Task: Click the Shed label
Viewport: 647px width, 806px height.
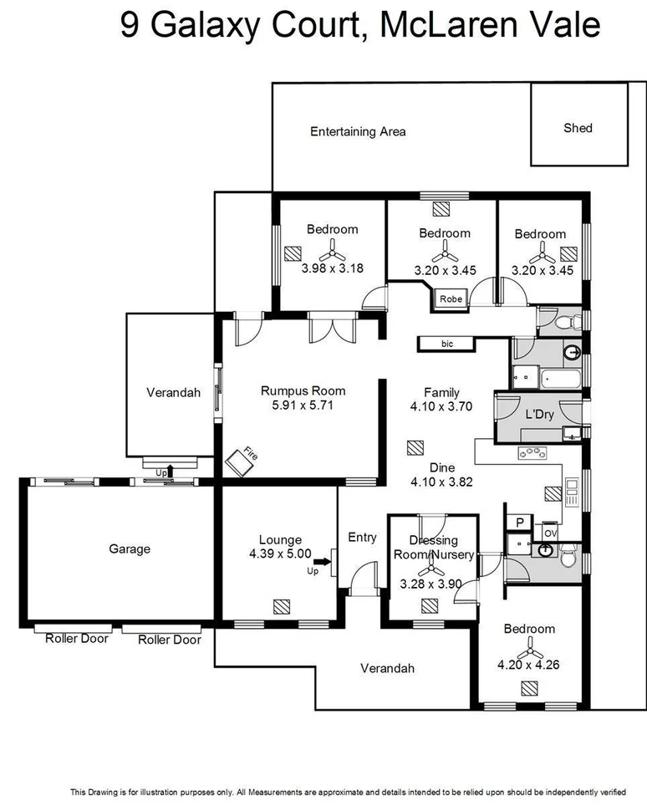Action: coord(578,128)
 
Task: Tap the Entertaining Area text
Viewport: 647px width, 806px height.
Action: coord(358,131)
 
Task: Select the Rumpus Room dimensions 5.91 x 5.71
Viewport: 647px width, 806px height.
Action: coord(303,406)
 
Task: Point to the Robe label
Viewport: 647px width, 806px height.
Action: coord(451,298)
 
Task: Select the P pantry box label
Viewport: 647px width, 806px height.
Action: coord(519,522)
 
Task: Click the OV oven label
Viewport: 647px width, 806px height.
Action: coord(549,533)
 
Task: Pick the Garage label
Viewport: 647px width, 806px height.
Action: coord(130,548)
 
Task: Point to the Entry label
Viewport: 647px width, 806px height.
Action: coord(362,538)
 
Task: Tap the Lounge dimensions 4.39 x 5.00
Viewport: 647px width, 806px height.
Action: coord(280,553)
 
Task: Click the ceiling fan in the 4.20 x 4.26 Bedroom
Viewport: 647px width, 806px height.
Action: coord(528,649)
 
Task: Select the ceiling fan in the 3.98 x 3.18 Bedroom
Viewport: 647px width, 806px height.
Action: coord(332,249)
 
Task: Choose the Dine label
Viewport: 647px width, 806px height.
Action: coord(442,467)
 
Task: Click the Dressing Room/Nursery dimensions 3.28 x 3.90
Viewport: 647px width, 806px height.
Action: coord(431,584)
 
